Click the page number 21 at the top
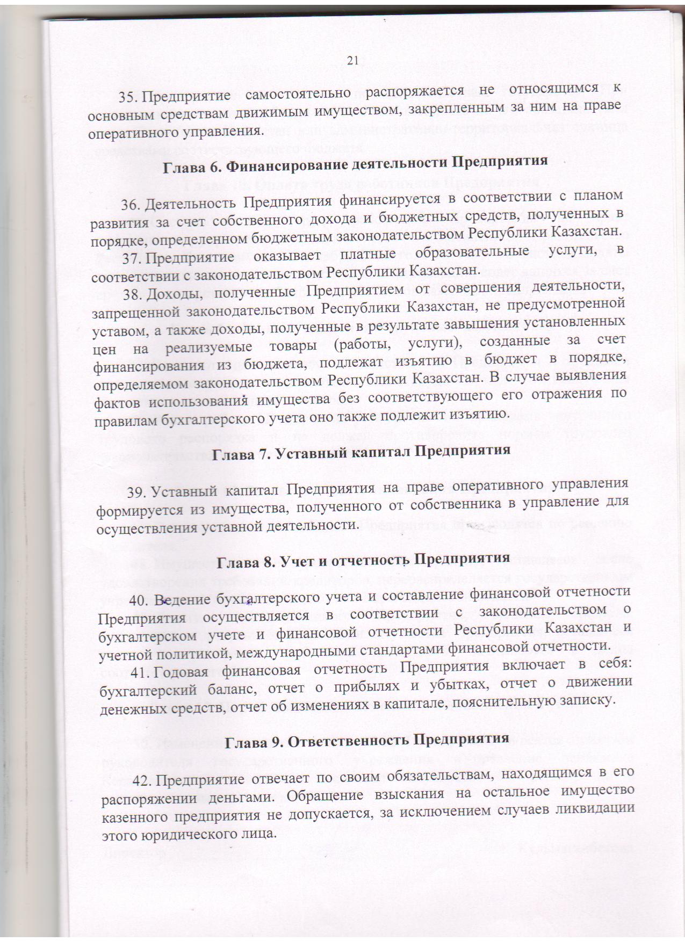352,61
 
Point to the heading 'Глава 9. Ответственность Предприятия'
366,740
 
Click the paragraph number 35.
129,97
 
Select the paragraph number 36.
132,205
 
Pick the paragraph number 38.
134,294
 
